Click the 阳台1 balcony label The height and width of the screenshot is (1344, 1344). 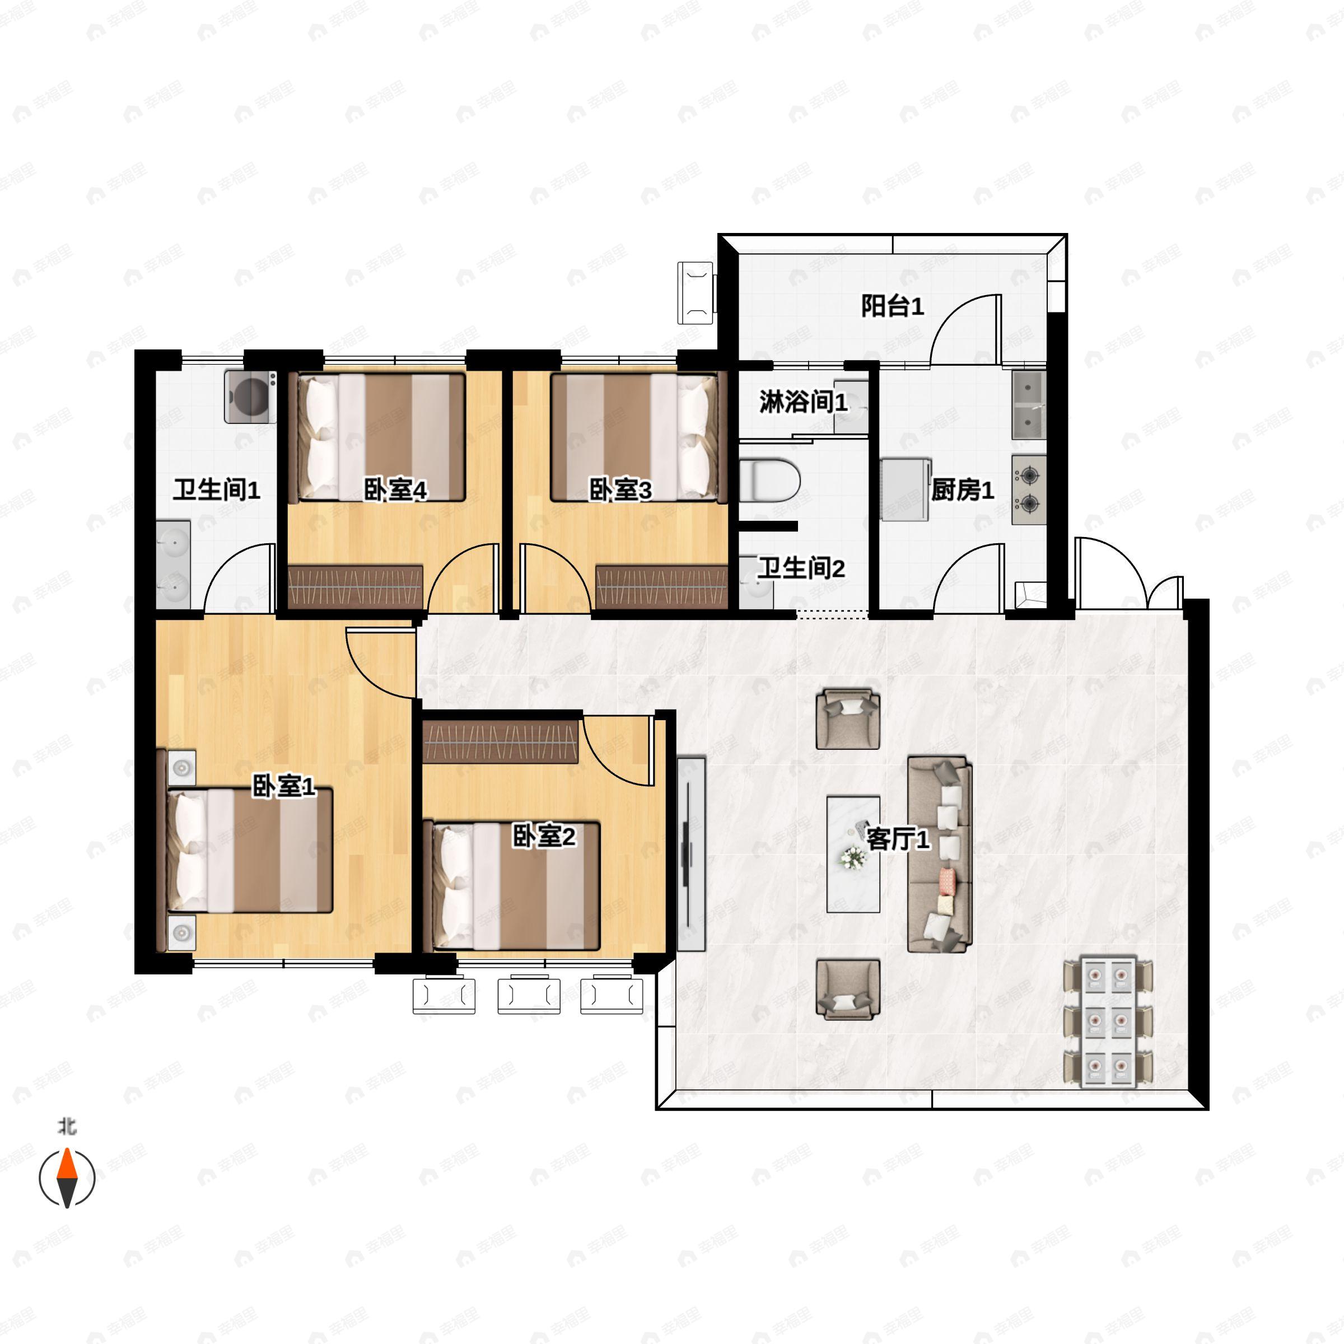(892, 306)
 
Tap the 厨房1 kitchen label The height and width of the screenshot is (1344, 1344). (963, 491)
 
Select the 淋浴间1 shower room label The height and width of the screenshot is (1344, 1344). (804, 402)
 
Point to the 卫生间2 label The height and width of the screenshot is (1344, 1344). (801, 568)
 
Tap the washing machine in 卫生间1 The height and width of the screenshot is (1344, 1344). (250, 397)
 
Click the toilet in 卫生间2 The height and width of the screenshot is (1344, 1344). (769, 480)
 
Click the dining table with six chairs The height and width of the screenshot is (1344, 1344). (1108, 1022)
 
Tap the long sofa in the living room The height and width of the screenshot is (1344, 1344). (939, 854)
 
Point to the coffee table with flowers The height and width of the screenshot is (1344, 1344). (853, 854)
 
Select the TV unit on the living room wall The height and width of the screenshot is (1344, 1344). (692, 854)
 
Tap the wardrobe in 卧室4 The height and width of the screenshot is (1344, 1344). (356, 586)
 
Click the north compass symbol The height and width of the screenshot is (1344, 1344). (67, 1178)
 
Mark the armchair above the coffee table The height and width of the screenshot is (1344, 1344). (847, 718)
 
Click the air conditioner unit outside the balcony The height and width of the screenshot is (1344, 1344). (696, 293)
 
